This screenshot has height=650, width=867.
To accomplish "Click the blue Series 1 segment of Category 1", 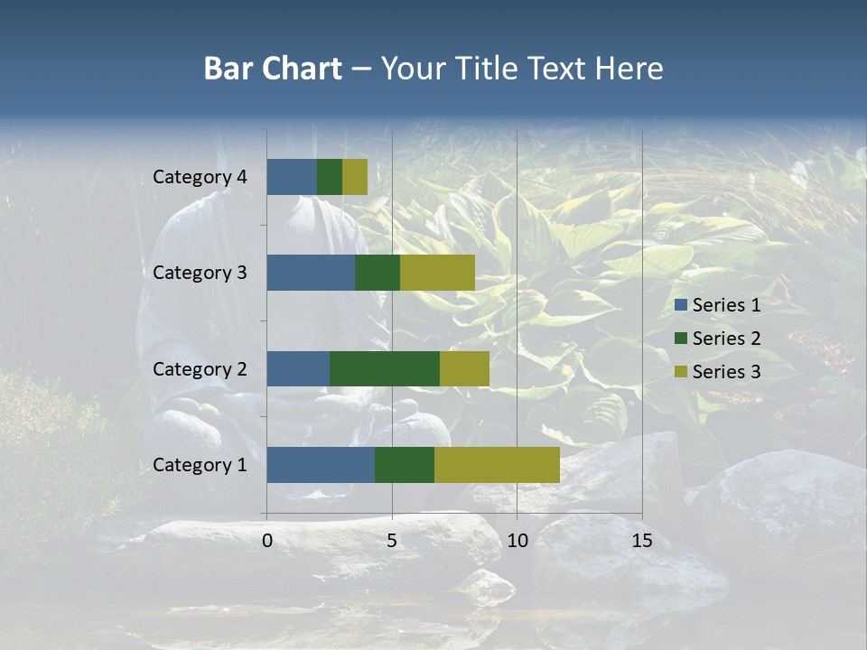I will tap(321, 465).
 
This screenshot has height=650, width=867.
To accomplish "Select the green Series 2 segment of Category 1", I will tap(405, 465).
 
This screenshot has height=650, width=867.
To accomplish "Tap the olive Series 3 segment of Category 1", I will tap(497, 465).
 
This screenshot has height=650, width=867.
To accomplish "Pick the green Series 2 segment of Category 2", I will tap(385, 368).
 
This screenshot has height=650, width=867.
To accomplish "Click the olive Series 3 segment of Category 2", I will tap(464, 368).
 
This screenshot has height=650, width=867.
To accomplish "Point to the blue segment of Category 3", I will tap(311, 273).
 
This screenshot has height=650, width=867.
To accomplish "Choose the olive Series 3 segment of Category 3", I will tap(437, 273).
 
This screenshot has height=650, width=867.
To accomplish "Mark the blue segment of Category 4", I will tap(292, 177).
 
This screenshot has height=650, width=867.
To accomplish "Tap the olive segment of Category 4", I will tap(355, 177).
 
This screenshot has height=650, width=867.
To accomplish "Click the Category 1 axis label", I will tap(200, 465).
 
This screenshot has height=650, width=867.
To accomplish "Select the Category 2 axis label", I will tap(200, 368).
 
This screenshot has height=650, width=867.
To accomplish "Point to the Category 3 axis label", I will tap(200, 273).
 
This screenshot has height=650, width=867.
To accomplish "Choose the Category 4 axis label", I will tap(200, 177).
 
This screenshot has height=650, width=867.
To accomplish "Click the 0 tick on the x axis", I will tap(267, 541).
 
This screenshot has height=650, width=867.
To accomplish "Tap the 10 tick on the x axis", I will tap(517, 541).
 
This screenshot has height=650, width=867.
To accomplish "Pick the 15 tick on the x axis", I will tap(642, 541).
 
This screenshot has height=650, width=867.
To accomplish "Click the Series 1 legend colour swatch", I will tap(681, 305).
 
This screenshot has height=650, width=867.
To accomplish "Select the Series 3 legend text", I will tap(726, 372).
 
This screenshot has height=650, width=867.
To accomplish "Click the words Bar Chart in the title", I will tap(273, 69).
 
